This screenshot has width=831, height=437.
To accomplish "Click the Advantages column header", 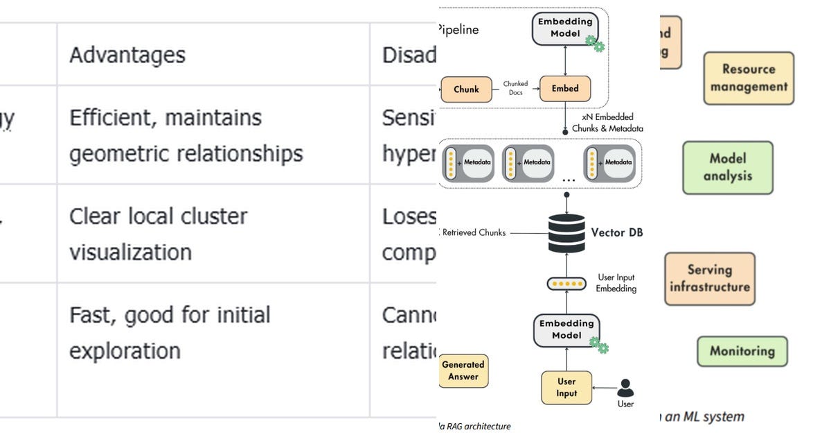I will (127, 55).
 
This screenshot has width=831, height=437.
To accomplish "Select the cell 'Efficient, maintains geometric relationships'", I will (186, 135).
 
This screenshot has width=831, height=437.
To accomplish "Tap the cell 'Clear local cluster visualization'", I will (158, 234).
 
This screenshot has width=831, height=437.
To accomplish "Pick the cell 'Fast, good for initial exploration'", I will (170, 332).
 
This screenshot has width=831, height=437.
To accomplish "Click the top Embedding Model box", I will (565, 28).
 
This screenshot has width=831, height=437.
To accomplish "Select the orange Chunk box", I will (466, 89).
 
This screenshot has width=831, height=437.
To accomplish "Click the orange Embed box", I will (565, 89).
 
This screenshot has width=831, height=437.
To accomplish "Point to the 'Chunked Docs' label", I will (515, 88).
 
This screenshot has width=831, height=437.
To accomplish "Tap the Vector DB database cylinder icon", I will (566, 234).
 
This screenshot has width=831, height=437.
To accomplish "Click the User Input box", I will (566, 387).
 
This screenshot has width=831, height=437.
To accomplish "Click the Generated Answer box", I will (463, 370).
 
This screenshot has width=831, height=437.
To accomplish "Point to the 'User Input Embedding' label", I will (616, 283).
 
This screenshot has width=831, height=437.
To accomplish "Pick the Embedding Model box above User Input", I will (566, 329).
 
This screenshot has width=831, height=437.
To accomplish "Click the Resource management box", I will (749, 78).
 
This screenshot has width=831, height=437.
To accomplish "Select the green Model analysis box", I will (727, 167).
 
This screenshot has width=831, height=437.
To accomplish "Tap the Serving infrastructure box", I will (709, 278).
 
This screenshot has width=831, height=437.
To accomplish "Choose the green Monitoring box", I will (742, 351).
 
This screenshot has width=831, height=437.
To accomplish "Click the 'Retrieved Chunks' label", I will (474, 233).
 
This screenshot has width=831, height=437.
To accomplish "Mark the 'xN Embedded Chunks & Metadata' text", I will (607, 123).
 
